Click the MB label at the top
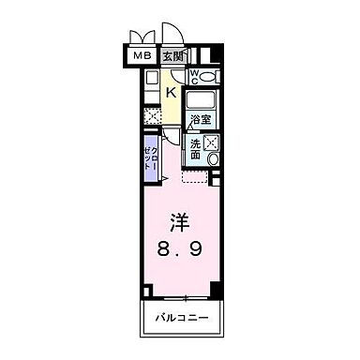[142, 56]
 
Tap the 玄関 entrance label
[173, 56]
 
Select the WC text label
[194, 76]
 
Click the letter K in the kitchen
[172, 93]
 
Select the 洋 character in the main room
[179, 223]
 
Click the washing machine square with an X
[211, 143]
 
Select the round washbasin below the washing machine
[213, 160]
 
